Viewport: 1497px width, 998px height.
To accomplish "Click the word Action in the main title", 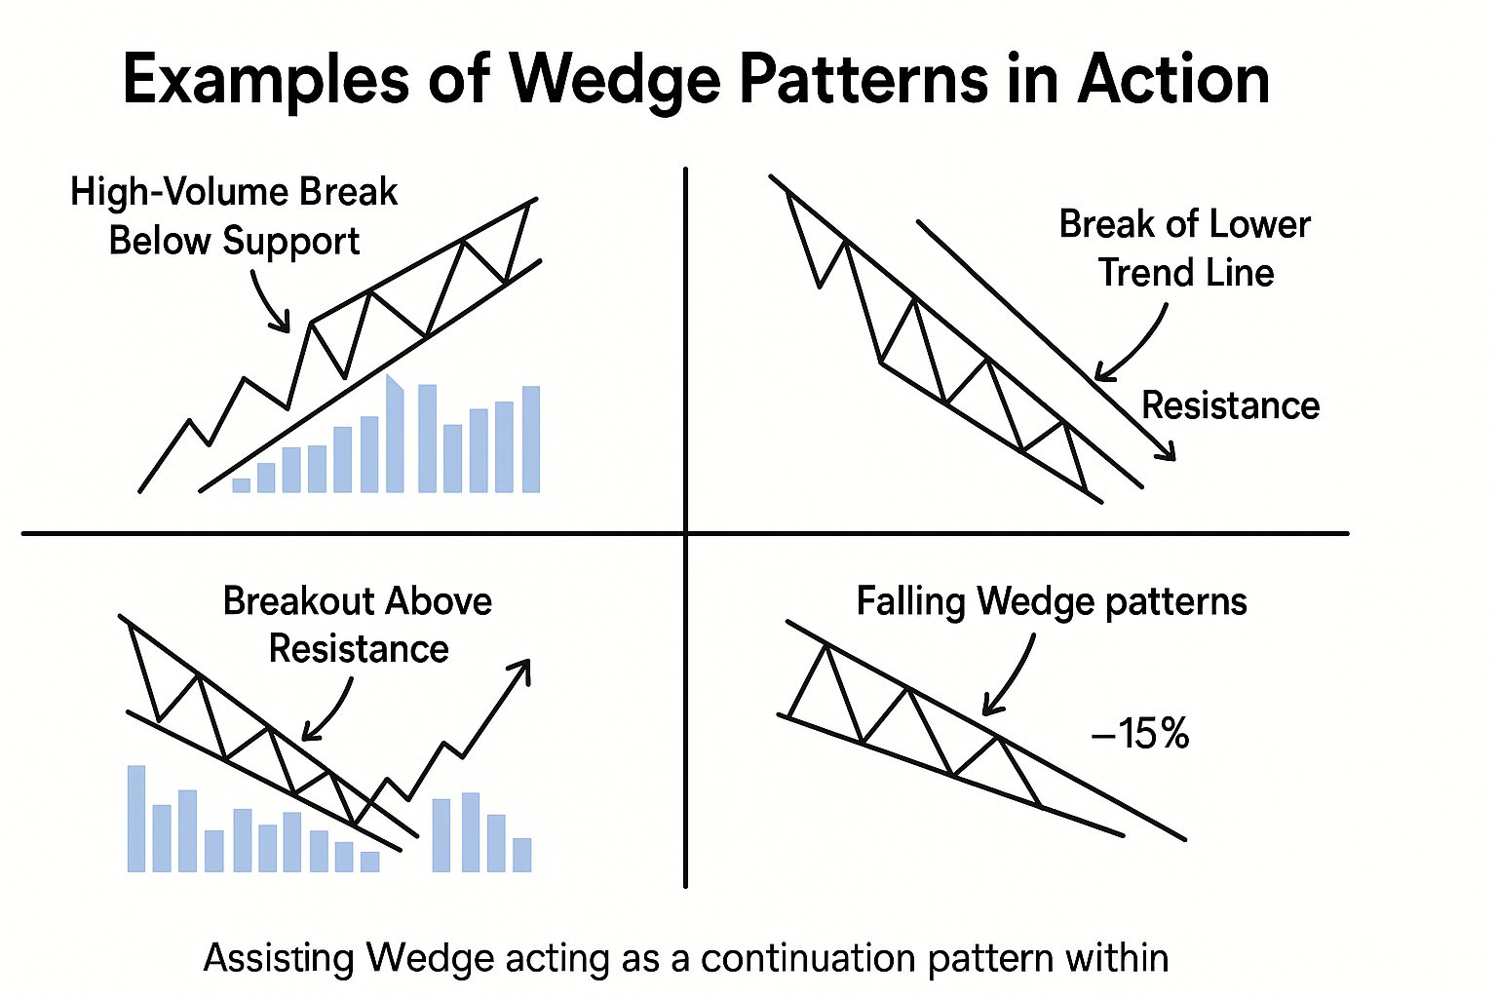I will (x=1173, y=81).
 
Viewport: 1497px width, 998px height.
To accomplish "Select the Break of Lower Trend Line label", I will (x=1185, y=249).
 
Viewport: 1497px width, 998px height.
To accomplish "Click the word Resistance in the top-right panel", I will (x=1230, y=405).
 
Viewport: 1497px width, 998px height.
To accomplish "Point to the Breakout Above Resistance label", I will (x=358, y=625).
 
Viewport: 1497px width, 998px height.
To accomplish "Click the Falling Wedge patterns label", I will (x=1052, y=601).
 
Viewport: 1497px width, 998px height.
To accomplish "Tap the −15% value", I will (x=1140, y=734).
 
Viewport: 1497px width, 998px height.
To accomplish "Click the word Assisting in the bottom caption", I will (x=278, y=958).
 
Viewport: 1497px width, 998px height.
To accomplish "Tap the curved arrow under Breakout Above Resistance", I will (x=329, y=711).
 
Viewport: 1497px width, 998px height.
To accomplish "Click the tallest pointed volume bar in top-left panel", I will (x=395, y=434).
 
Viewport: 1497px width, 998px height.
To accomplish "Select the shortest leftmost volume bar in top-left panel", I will (x=241, y=484).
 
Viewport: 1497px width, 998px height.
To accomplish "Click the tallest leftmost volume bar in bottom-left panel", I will (x=136, y=819).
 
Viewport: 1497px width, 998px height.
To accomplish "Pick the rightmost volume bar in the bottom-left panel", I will (x=521, y=854).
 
